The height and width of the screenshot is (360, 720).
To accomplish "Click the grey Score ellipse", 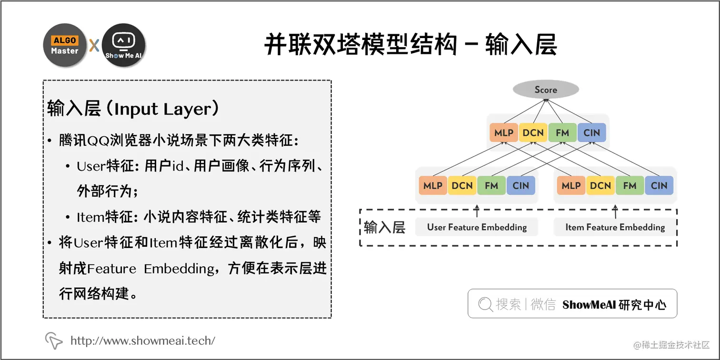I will [545, 90].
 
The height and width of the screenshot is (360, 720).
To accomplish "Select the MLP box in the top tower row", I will [503, 133].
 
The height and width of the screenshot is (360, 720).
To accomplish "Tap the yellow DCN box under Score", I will [533, 133].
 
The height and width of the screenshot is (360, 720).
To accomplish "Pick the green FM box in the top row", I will [562, 133].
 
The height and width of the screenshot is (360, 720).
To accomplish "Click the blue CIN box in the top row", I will [591, 133].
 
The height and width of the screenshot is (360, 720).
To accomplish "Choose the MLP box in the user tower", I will [433, 186].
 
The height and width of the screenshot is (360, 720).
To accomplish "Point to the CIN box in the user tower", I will [520, 186].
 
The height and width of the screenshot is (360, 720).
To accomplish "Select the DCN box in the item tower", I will [600, 186].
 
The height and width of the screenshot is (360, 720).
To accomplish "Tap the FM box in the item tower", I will [630, 186].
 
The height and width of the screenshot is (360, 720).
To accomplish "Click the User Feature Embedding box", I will [477, 227].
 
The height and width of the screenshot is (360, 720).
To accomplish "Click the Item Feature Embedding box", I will [615, 227].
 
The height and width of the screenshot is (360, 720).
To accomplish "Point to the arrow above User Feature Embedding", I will [477, 210].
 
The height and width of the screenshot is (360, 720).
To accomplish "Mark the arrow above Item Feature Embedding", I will [615, 210].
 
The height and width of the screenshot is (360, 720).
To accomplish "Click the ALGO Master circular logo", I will [65, 45].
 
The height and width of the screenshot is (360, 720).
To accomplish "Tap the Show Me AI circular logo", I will [123, 45].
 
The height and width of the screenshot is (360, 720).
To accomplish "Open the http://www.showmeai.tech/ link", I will [142, 340].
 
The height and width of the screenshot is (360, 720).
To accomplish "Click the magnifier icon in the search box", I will [485, 304].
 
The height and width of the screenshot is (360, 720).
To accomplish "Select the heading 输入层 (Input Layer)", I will [133, 109].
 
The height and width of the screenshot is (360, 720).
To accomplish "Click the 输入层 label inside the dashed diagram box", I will [384, 227].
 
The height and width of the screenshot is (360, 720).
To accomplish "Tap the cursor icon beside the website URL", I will [54, 340].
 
